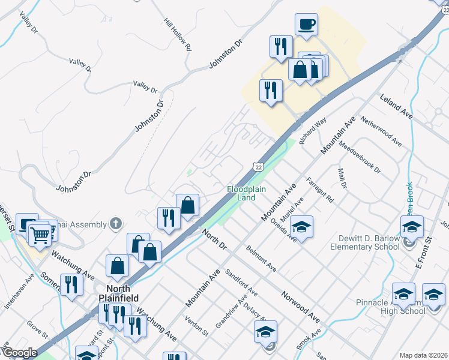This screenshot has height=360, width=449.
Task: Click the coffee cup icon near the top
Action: tap(306, 25)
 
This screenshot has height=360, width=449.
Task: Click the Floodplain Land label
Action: tap(241, 193)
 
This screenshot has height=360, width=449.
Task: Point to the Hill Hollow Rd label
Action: tap(177, 34)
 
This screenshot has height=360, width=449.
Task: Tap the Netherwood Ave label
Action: tap(380, 131)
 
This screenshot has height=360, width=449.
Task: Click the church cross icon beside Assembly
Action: tap(116, 224)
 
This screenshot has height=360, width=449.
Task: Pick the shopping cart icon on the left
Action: tap(40, 235)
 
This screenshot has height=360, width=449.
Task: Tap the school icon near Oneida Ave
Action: tap(302, 227)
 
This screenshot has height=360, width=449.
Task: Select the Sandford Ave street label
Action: tap(241, 281)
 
